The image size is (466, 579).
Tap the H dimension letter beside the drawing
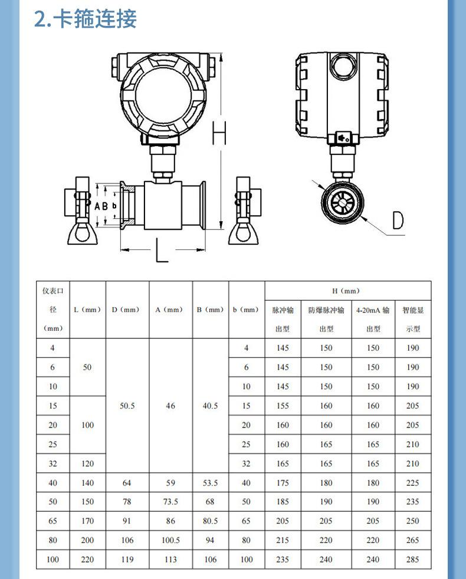tap(219, 133)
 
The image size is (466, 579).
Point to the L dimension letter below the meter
tap(162, 250)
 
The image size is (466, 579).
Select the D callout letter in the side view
tap(398, 221)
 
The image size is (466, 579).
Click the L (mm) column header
tap(87, 310)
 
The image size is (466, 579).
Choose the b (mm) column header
tap(246, 310)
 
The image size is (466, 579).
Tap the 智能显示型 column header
tap(413, 319)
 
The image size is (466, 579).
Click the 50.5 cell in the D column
tap(127, 406)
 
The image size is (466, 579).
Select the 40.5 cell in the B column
tap(210, 406)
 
